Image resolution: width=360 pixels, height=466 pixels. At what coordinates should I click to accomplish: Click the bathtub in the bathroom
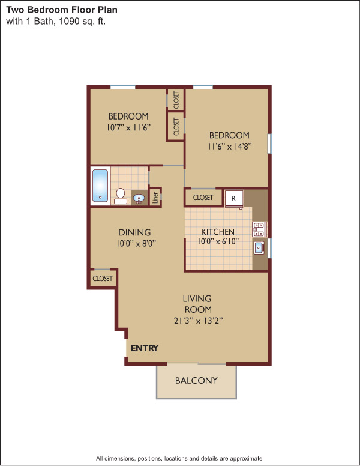point(100,186)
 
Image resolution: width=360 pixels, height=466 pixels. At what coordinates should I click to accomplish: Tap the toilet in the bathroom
point(120,196)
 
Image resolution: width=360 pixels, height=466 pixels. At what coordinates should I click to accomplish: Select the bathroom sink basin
point(139,198)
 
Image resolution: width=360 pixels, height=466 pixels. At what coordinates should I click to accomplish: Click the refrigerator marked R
point(234,199)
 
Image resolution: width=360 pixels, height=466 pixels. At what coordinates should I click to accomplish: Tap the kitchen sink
point(259,247)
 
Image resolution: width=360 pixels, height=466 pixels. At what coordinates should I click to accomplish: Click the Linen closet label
point(155,197)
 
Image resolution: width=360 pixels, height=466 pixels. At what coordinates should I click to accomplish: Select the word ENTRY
point(145,348)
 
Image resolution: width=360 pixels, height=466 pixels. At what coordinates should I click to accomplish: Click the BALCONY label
point(196,380)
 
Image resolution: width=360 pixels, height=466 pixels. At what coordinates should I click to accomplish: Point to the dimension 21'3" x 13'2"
point(198,321)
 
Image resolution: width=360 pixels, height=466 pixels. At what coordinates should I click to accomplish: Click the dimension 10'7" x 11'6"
point(128,127)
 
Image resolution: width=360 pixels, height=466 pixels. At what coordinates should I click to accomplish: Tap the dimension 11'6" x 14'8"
point(230,146)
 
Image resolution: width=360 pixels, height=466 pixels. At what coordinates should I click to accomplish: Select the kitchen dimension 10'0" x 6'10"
point(218,241)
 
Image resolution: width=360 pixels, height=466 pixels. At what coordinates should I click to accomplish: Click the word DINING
point(134,232)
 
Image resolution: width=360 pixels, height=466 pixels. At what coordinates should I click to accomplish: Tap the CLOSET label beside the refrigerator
point(203,198)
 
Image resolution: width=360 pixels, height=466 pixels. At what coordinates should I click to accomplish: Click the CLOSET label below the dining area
point(103,279)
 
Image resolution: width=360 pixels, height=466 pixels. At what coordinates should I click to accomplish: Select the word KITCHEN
point(218,232)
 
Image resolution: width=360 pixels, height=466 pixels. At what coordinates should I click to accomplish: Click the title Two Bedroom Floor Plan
point(62,10)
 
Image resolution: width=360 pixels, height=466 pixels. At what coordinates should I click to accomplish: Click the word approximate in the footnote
point(247,458)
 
